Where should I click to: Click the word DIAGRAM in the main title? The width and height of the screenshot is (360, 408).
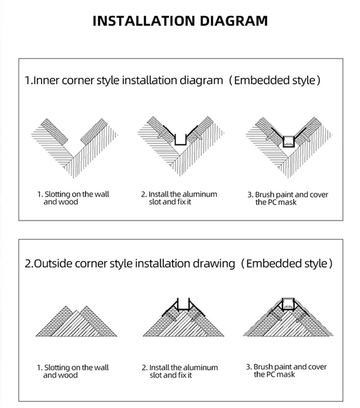click(233, 21)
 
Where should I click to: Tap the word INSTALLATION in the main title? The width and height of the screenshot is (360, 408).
click(143, 21)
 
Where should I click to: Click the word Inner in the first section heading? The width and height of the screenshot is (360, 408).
click(47, 80)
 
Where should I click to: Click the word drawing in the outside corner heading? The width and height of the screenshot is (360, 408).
click(213, 264)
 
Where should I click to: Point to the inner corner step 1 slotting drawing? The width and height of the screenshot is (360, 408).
click(74, 148)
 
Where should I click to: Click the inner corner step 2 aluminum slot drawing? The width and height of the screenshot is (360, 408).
click(181, 146)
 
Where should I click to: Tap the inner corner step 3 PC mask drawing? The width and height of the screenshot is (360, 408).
click(289, 147)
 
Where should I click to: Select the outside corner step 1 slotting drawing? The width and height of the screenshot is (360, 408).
click(76, 321)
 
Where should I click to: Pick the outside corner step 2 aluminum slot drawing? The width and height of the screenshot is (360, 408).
click(183, 317)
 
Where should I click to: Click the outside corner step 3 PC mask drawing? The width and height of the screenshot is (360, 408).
click(288, 317)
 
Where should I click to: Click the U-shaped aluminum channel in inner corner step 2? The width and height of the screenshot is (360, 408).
click(181, 144)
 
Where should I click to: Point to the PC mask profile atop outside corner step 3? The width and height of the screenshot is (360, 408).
click(288, 302)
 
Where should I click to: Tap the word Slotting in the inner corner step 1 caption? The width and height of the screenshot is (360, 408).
click(57, 194)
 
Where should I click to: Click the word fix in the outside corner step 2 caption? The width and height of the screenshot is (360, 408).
click(181, 375)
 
